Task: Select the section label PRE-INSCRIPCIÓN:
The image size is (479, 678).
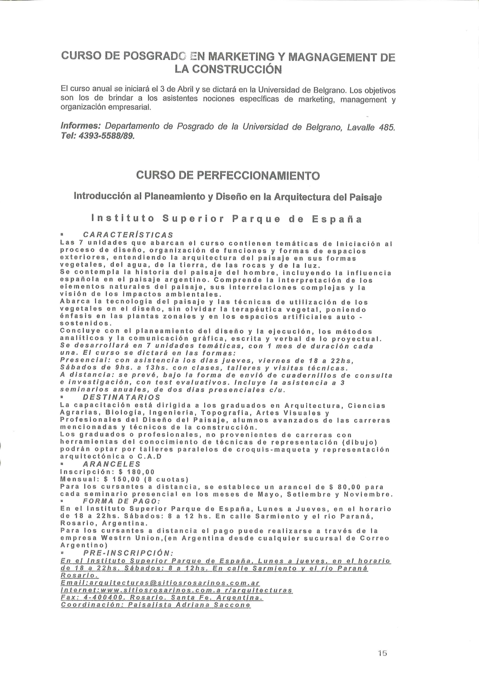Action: pyautogui.click(x=128, y=553)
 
